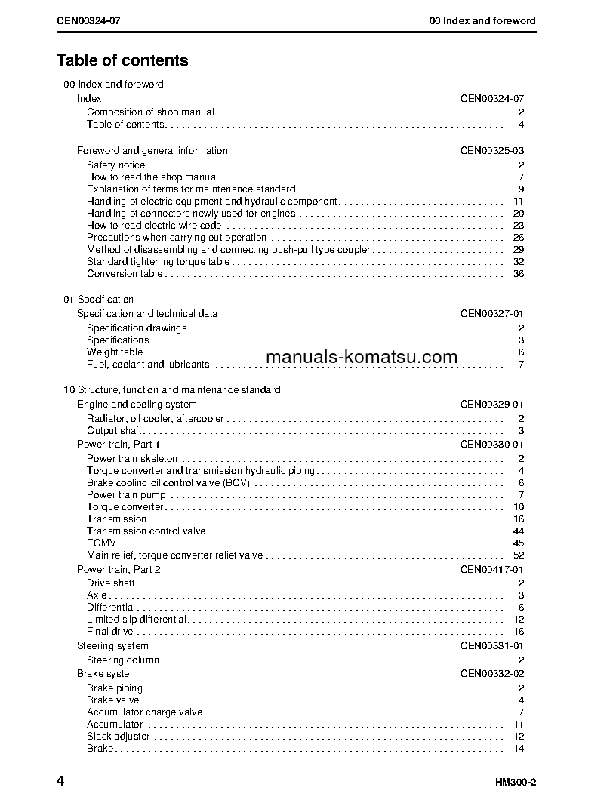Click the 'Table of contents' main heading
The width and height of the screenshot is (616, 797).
[x=122, y=60]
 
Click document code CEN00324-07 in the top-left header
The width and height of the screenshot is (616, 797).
[x=88, y=20]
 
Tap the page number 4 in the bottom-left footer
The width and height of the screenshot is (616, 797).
[x=60, y=780]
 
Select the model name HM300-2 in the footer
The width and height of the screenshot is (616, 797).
[x=516, y=781]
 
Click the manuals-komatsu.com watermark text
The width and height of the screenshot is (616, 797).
[x=362, y=357]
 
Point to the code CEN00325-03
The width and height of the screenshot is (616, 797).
[x=492, y=151]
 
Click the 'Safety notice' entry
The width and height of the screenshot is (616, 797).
[x=115, y=165]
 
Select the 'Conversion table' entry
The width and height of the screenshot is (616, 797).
[x=124, y=274]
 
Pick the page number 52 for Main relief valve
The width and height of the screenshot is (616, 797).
[x=518, y=555]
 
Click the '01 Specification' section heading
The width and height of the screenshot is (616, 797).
[x=98, y=300]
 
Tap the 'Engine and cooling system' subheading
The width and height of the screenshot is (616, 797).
[x=137, y=405]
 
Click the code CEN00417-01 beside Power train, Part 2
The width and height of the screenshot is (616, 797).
[x=492, y=570]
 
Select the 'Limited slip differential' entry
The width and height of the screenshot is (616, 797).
[x=137, y=620]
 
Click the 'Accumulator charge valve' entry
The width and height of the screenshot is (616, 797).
[x=144, y=712]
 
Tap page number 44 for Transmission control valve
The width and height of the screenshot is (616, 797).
[x=518, y=531]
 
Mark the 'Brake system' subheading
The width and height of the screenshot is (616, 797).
[x=107, y=674]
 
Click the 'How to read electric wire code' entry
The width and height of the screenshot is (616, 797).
[x=154, y=226]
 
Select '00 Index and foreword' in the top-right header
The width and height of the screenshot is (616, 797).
[x=482, y=20]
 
